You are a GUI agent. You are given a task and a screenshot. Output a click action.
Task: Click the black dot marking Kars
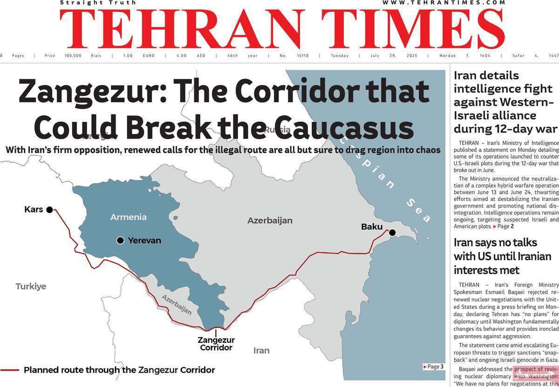click(49, 210)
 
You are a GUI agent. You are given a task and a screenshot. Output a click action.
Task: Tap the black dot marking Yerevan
click(120, 240)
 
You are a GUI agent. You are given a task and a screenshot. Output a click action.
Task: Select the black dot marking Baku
click(392, 232)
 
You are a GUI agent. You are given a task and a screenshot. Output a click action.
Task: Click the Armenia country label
click(128, 217)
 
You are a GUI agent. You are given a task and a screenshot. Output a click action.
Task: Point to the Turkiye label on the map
click(31, 286)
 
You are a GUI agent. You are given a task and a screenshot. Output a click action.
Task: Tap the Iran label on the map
click(261, 350)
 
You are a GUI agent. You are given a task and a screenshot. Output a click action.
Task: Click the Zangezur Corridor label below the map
click(216, 344)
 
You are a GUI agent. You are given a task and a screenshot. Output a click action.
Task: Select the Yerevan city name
click(144, 240)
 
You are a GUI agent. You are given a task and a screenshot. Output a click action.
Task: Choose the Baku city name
click(372, 227)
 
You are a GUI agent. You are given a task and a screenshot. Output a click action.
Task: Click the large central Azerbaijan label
click(270, 220)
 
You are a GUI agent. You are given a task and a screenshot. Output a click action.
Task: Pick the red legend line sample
click(9, 370)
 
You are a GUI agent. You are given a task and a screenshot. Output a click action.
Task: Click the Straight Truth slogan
click(98, 3)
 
